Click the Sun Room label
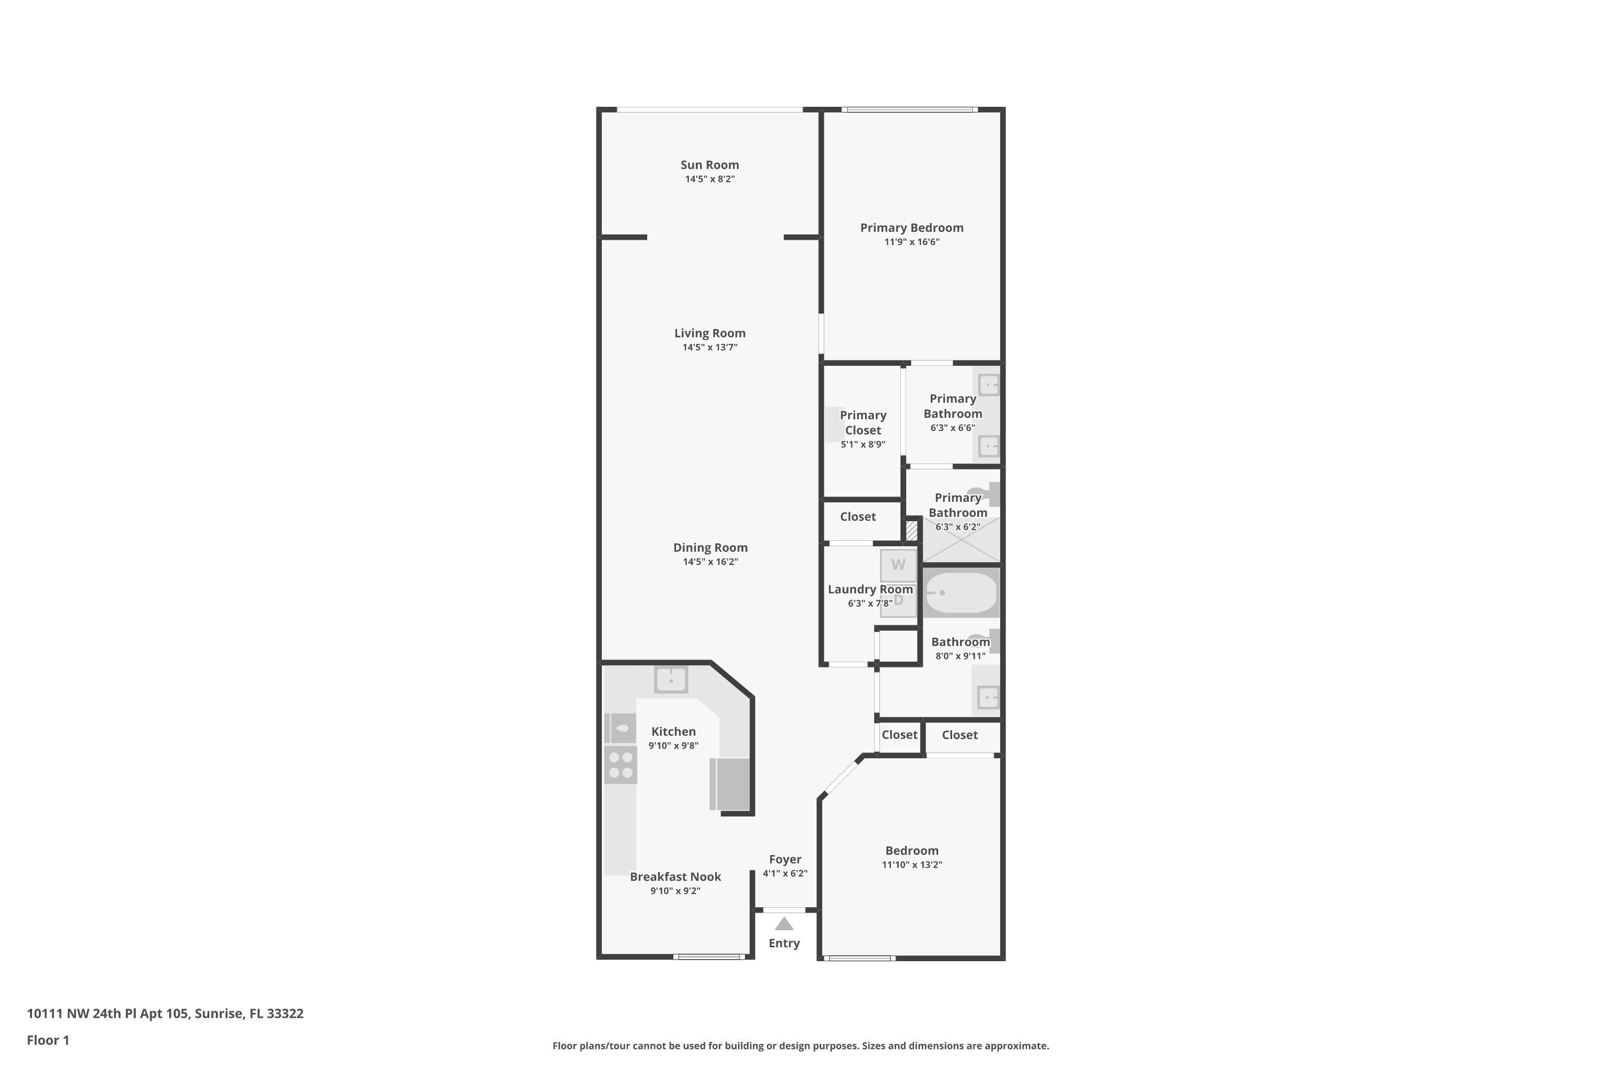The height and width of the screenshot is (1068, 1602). [x=709, y=165]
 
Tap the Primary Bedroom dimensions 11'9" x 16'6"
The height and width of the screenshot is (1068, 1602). [x=912, y=242]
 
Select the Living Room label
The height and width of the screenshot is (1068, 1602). [x=709, y=333]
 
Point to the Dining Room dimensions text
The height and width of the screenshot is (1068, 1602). [x=710, y=562]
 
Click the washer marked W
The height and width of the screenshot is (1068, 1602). [x=898, y=564]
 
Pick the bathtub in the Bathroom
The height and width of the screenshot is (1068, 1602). [x=960, y=593]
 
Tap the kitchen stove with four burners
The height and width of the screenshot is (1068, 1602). [x=621, y=764]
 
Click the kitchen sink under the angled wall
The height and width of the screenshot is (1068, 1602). [x=671, y=680]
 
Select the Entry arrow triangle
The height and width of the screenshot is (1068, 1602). [x=784, y=924]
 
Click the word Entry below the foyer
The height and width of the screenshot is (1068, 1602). [x=784, y=944]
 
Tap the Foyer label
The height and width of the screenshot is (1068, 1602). [x=784, y=860]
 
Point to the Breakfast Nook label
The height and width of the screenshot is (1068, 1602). [x=675, y=877]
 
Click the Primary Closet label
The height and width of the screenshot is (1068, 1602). [x=862, y=422]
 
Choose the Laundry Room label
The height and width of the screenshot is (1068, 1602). [x=870, y=589]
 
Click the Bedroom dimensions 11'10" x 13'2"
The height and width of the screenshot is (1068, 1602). [x=912, y=865]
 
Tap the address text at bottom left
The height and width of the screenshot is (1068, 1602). [x=165, y=1014]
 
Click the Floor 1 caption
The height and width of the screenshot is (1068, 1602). [x=48, y=1040]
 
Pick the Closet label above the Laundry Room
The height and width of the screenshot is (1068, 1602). [x=858, y=517]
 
